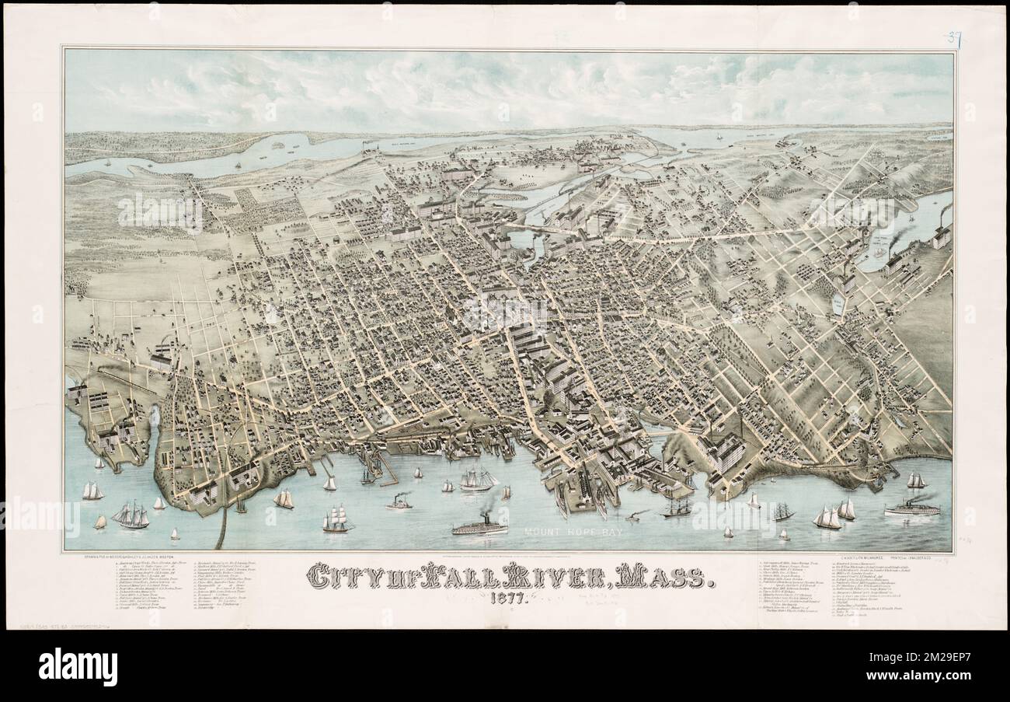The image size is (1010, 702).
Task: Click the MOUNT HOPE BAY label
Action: (573, 533)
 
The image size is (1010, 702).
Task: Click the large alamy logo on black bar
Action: (78, 666)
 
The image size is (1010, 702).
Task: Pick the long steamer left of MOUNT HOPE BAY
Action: (479, 527)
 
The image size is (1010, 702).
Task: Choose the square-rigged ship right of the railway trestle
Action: (336, 519)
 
